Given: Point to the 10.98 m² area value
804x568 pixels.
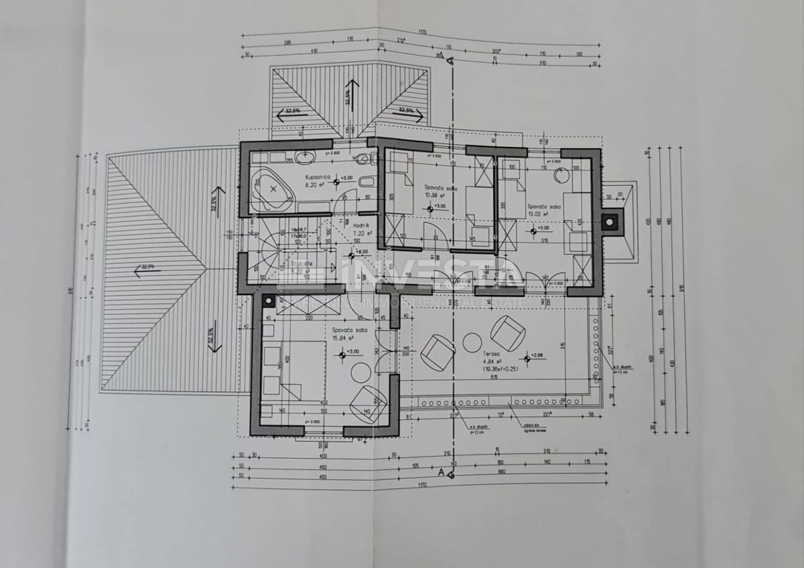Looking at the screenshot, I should (x=436, y=196).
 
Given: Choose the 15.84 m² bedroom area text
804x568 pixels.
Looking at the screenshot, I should (x=343, y=339).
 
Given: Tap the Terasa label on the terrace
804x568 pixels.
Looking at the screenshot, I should (x=491, y=353).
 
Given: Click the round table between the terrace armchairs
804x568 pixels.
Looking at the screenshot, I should (x=472, y=343).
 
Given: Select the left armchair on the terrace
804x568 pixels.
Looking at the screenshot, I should (x=439, y=352).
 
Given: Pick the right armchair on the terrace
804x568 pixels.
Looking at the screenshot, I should (x=507, y=333).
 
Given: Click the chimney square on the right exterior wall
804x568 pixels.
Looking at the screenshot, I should (x=611, y=219).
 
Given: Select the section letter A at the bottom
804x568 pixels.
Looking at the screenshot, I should (x=441, y=472).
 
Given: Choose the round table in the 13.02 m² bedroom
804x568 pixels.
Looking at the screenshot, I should (x=560, y=176).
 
